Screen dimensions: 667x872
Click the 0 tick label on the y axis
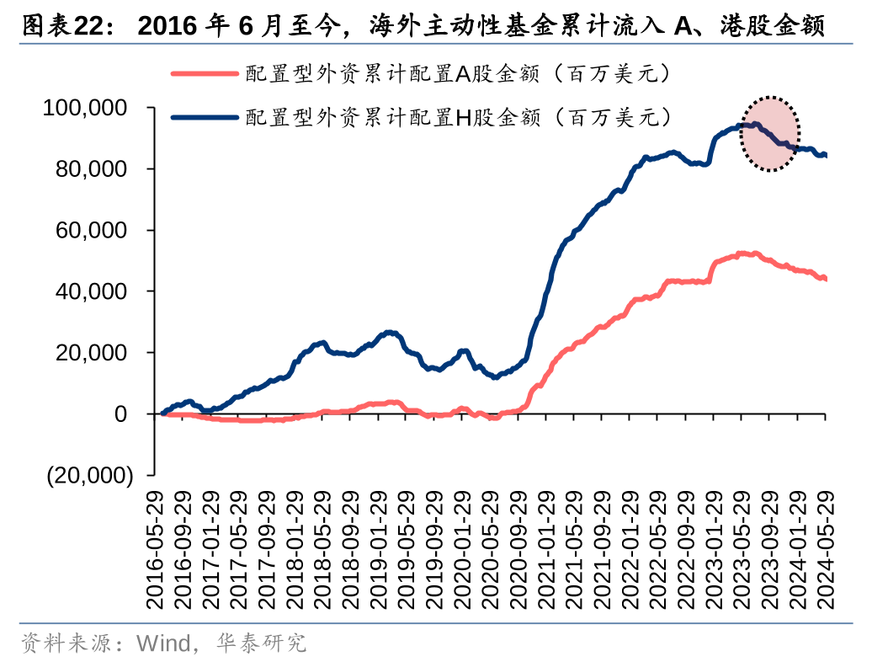tap(121, 414)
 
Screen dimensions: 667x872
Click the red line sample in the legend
tap(204, 74)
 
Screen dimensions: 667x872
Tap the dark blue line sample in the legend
tap(204, 117)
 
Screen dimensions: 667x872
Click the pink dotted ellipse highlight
tap(769, 133)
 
